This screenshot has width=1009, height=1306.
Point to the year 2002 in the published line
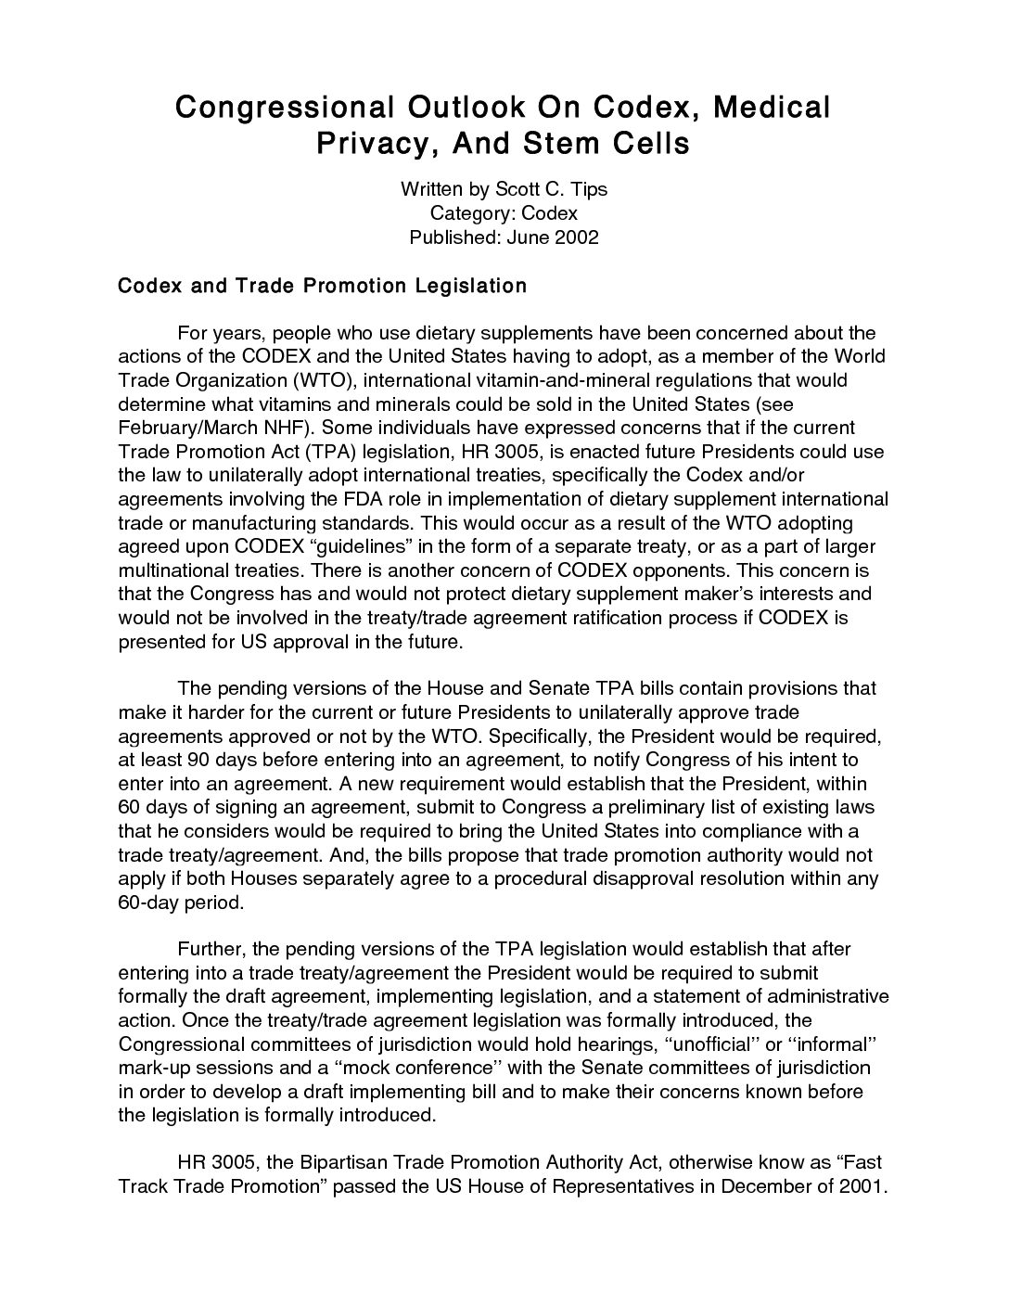coord(576,237)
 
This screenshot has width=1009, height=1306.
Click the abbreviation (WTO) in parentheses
coord(321,380)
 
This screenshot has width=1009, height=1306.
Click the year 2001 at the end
coord(863,1186)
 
